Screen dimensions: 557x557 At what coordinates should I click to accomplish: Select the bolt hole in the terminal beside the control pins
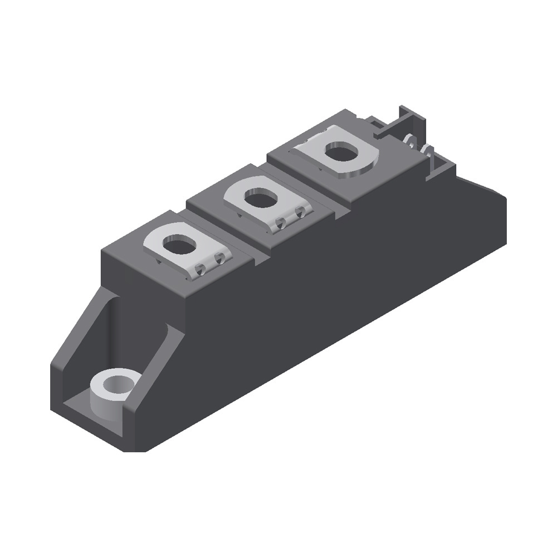click(x=341, y=152)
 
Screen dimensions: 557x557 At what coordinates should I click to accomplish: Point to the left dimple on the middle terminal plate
click(x=281, y=223)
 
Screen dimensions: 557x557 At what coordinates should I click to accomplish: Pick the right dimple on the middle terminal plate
click(x=301, y=212)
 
